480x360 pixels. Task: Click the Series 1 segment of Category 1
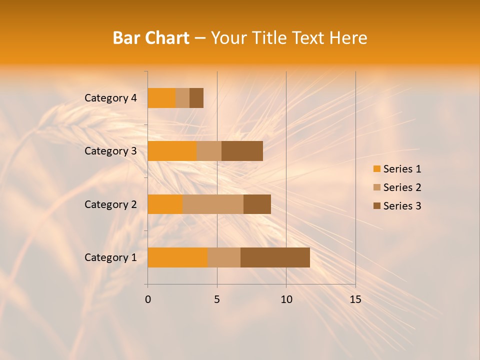[x=177, y=257]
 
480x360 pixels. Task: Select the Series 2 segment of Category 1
[x=224, y=257]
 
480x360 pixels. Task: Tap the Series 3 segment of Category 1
[x=275, y=257]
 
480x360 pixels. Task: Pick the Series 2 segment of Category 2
[x=213, y=204]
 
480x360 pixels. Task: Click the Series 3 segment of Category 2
[x=257, y=204]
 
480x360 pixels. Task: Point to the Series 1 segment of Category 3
[x=172, y=151]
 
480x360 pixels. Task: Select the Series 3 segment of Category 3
[x=242, y=151]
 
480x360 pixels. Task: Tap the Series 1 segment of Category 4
[x=161, y=98]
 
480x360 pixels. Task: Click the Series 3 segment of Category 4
[x=196, y=98]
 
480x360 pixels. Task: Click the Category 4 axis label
[x=110, y=98]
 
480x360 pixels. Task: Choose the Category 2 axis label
[x=110, y=204]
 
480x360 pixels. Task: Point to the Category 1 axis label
[x=110, y=257]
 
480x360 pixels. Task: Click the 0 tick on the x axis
[x=148, y=299]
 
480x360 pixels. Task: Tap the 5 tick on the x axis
[x=217, y=299]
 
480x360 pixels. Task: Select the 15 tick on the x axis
[x=355, y=299]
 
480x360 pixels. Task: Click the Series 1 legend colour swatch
[x=376, y=169]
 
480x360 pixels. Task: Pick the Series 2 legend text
[x=402, y=187]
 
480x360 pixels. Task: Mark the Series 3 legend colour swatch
[x=376, y=206]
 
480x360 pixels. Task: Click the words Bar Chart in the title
[x=151, y=38]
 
